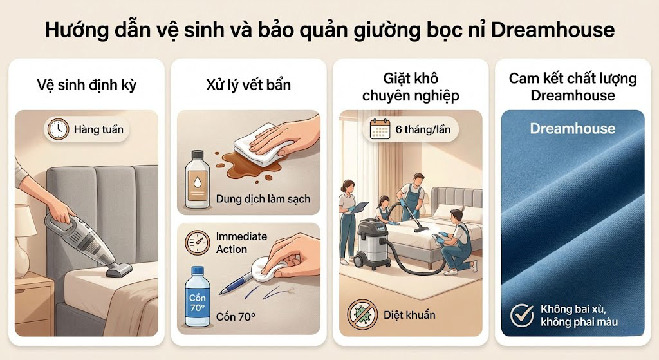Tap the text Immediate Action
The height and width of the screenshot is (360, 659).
(241, 243)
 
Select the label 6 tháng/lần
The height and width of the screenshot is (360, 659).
(422, 129)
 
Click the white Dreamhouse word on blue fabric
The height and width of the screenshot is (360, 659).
(572, 128)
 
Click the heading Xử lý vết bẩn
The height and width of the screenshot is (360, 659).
(248, 85)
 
